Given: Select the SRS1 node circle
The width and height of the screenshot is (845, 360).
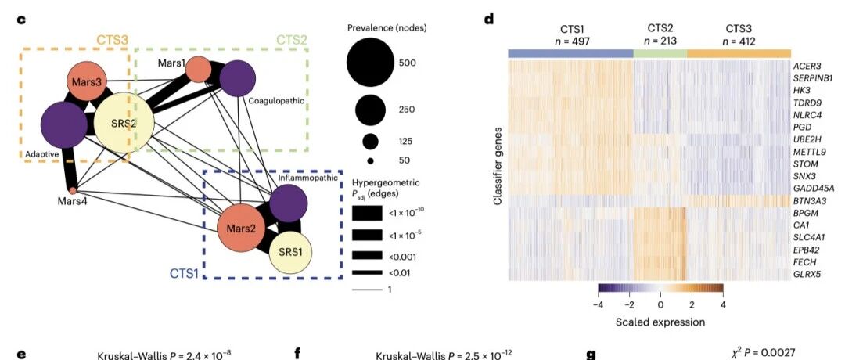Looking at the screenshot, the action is (290, 252).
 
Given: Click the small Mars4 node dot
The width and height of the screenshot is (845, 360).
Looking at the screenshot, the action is (73, 189).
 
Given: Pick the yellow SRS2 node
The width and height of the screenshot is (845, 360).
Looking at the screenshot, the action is (124, 124).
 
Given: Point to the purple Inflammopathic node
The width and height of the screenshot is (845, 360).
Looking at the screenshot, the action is (288, 203).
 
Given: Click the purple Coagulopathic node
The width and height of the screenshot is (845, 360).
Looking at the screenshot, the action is (238, 79).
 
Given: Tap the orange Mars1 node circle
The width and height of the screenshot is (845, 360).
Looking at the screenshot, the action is (198, 70).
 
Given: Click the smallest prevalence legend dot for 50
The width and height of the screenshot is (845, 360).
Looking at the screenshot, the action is (370, 160).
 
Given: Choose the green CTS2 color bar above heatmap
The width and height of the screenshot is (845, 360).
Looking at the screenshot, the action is (660, 53).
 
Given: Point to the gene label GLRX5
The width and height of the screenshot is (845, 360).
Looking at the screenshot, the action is (807, 275).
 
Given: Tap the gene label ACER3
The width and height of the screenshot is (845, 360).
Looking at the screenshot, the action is (807, 66).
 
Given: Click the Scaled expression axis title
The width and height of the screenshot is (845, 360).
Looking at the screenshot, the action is (660, 322).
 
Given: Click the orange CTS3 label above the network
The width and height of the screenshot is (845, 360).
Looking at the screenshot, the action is (112, 40).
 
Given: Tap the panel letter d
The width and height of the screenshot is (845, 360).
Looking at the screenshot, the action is (488, 20).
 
